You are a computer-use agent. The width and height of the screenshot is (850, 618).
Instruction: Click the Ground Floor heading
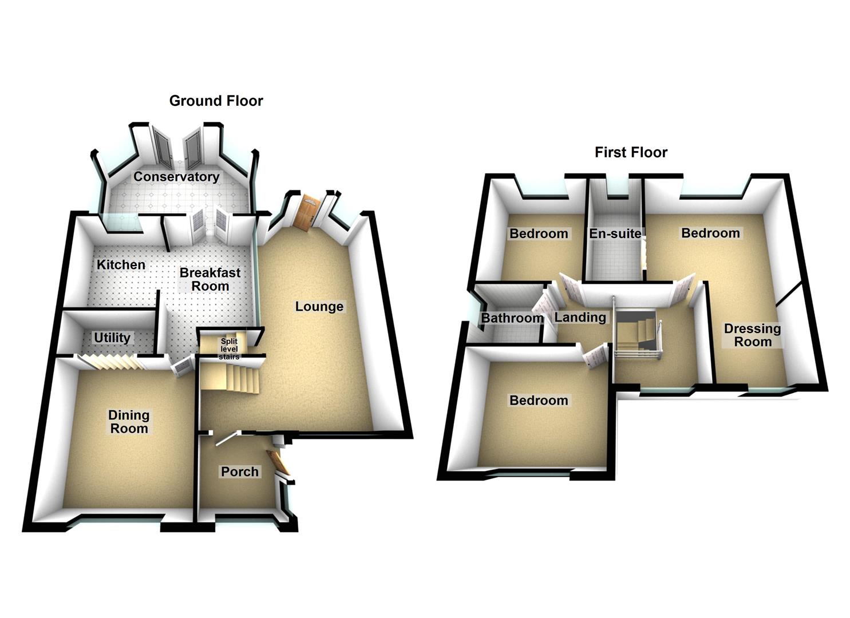click(216, 101)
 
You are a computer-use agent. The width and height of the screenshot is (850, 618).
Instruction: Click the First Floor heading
click(631, 152)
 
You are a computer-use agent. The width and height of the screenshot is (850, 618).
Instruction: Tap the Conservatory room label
click(176, 177)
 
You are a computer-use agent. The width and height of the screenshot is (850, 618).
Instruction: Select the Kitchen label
click(121, 265)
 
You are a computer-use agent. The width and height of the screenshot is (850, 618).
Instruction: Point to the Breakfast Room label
click(210, 279)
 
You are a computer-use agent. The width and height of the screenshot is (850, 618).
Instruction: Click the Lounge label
click(319, 307)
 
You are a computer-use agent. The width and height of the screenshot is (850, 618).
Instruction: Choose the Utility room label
click(112, 338)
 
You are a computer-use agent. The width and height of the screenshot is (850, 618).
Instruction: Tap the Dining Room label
click(129, 422)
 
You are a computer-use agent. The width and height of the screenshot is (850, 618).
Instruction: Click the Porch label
click(240, 472)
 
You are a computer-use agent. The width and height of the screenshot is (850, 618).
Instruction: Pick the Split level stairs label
click(229, 349)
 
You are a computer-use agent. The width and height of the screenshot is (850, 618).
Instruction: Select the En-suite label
click(615, 233)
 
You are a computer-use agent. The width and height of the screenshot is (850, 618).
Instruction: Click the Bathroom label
click(512, 318)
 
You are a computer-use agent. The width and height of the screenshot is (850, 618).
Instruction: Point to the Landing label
click(580, 318)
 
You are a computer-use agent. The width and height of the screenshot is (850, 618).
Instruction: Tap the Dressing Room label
click(753, 335)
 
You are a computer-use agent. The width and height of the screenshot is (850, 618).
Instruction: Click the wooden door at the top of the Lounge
click(307, 212)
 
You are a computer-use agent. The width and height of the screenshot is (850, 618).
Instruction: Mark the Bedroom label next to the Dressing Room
click(710, 233)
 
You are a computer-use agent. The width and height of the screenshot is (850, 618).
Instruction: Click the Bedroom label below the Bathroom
click(539, 401)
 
